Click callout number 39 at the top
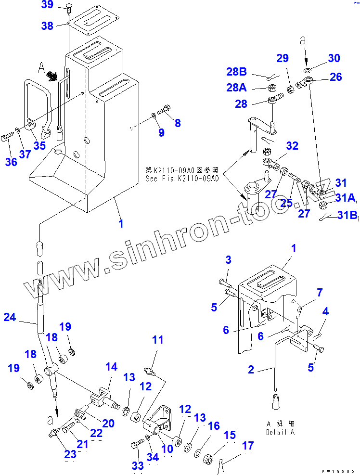[47, 5]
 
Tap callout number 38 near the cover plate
[47, 26]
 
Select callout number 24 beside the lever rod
[10, 317]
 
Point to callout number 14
[111, 367]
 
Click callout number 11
[158, 340]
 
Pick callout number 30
[334, 58]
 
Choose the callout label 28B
[236, 72]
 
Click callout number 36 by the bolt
[11, 162]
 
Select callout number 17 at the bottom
[248, 446]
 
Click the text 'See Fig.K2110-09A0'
[182, 178]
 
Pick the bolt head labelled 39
[67, 7]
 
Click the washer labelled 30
[307, 71]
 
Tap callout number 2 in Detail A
[251, 369]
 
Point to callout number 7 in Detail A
[320, 292]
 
